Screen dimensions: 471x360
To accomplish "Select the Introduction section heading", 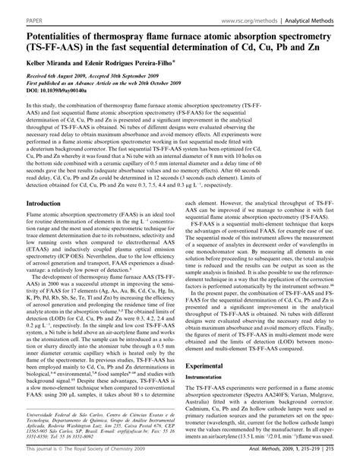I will point(27,204).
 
